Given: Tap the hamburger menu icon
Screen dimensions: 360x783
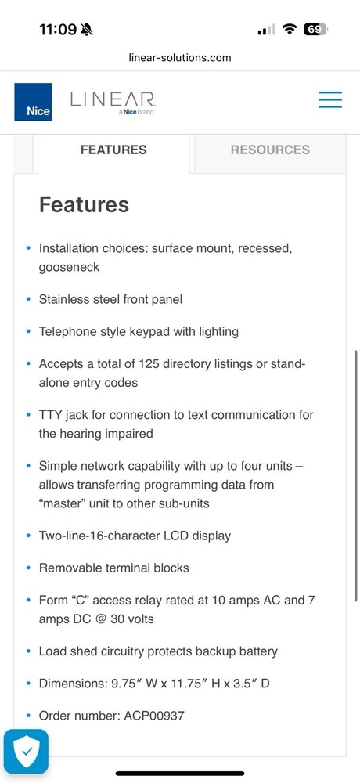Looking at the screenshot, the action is [x=329, y=100].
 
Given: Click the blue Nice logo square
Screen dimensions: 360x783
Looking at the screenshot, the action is [x=33, y=102].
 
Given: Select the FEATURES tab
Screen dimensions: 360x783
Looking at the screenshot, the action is [x=113, y=150].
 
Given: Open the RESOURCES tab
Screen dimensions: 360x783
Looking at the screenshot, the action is [x=270, y=150].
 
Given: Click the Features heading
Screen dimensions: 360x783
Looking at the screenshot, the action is [x=84, y=205].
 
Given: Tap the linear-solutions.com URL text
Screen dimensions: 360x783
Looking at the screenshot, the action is [x=180, y=57].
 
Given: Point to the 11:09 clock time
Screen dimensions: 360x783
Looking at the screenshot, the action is [x=57, y=30].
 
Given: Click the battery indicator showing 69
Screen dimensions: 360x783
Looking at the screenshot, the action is [x=315, y=30].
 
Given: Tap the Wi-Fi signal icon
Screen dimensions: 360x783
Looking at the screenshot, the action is [x=290, y=30].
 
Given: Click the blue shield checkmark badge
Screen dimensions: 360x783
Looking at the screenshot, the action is [x=26, y=751].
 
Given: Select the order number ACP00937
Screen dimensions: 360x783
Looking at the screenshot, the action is [x=148, y=716].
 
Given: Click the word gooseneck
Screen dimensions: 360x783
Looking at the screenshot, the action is [x=69, y=267].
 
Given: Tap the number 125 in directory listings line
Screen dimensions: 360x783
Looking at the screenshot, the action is [x=149, y=364].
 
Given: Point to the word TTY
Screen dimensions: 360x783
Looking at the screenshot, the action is [x=51, y=414].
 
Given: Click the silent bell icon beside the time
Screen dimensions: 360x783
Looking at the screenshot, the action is [x=86, y=30].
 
